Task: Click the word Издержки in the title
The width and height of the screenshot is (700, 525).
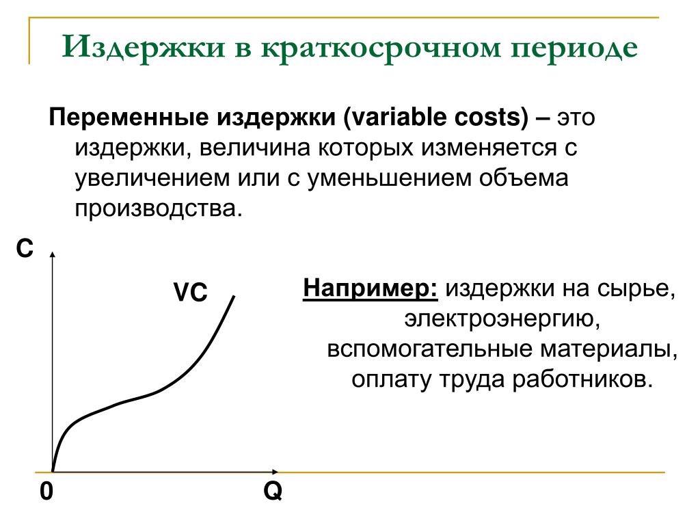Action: pyautogui.click(x=144, y=47)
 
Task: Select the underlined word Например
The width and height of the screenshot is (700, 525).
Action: pyautogui.click(x=370, y=288)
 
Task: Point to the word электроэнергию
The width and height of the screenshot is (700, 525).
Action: pyautogui.click(x=502, y=319)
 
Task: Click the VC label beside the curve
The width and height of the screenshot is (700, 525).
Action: pyautogui.click(x=191, y=293)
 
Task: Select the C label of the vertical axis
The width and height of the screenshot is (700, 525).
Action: pyautogui.click(x=25, y=248)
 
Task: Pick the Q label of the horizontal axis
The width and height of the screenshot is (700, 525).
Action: pyautogui.click(x=273, y=492)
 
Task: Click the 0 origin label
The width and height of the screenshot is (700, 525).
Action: pyautogui.click(x=46, y=492)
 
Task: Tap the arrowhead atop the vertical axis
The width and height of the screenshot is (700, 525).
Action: pyautogui.click(x=52, y=254)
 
